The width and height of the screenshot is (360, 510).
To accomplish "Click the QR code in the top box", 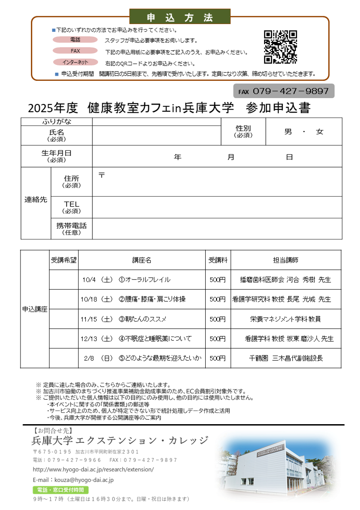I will (280, 47).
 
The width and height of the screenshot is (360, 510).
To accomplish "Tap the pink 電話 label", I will (75, 40).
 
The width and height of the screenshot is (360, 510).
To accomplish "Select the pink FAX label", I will (75, 51).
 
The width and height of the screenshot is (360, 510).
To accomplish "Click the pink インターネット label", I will (75, 62).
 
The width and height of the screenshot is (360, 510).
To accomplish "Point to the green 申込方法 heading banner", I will (180, 17).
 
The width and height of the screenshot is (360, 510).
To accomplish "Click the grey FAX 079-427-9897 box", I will (284, 91).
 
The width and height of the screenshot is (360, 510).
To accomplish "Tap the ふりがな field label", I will (57, 122).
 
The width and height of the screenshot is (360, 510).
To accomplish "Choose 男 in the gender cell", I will (288, 132).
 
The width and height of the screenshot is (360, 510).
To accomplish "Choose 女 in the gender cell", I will (320, 132).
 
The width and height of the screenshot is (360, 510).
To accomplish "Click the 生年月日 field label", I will (57, 156).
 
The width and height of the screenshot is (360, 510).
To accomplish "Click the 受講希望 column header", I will (64, 260).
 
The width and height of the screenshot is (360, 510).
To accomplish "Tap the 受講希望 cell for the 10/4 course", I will (64, 280).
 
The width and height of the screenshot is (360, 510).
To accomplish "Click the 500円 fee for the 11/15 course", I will (217, 319).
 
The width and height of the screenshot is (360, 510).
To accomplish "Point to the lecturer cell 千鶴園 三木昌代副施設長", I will (286, 358).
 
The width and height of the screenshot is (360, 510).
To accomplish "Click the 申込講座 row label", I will (35, 309).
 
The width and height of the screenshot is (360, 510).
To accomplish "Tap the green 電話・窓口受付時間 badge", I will (60, 490).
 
